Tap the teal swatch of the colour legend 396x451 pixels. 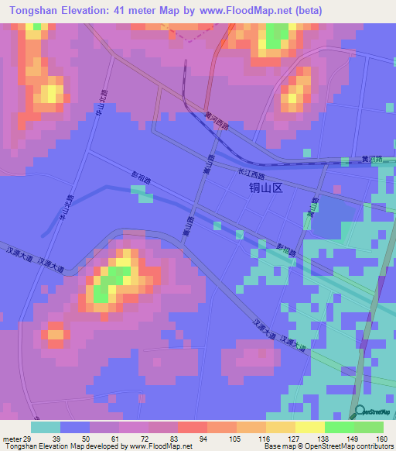pos(46,427)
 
